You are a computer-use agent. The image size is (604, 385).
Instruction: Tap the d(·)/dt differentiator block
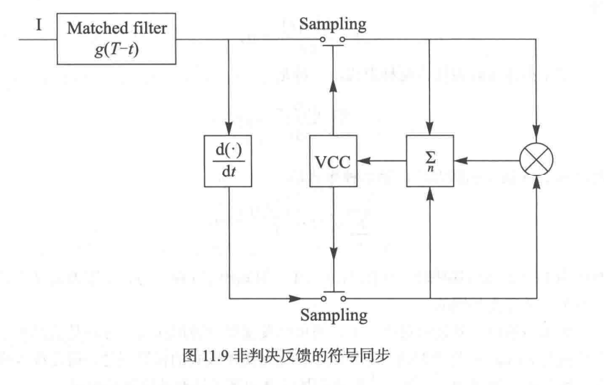pyautogui.click(x=228, y=163)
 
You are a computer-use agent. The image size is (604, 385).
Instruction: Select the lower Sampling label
pyautogui.click(x=332, y=314)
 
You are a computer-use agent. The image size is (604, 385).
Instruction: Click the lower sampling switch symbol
pyautogui.click(x=332, y=296)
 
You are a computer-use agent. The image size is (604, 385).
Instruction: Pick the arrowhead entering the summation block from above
pyautogui.click(x=429, y=131)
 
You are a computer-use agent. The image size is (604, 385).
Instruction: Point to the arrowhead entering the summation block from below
pyautogui.click(x=429, y=191)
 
